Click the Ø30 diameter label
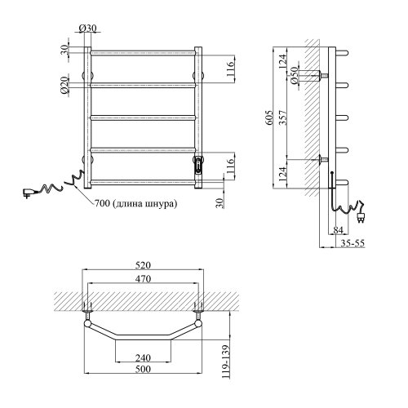[87, 28]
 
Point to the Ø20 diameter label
[64, 85]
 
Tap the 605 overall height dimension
[268, 118]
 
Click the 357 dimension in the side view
[282, 118]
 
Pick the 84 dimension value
[338, 230]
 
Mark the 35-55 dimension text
[353, 243]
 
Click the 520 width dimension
[143, 265]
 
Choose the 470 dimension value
[143, 278]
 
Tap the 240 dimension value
[143, 357]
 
